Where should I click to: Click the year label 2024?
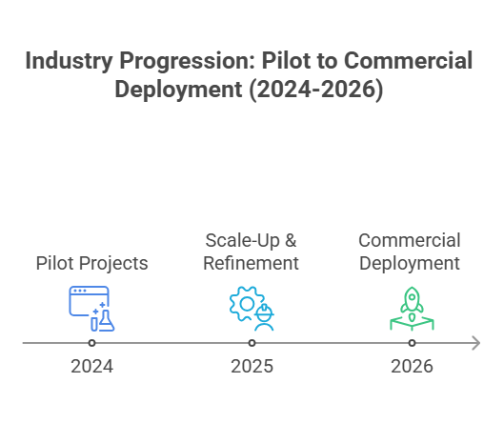point(91,367)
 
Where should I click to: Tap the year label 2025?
point(252,367)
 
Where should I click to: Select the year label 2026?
point(412,367)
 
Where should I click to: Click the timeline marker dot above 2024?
point(91,343)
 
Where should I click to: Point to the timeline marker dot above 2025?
point(252,343)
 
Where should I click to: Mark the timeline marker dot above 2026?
point(413,343)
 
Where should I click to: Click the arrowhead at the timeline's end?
point(476,343)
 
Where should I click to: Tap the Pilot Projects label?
point(91,264)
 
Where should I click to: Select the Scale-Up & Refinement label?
point(251,252)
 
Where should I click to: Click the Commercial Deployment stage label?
point(410,252)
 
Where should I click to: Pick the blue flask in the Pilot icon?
point(106,321)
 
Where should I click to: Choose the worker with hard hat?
point(264,317)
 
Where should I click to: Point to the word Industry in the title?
point(69,61)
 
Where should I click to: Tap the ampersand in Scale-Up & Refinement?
point(291,240)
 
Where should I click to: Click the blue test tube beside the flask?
point(94,324)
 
